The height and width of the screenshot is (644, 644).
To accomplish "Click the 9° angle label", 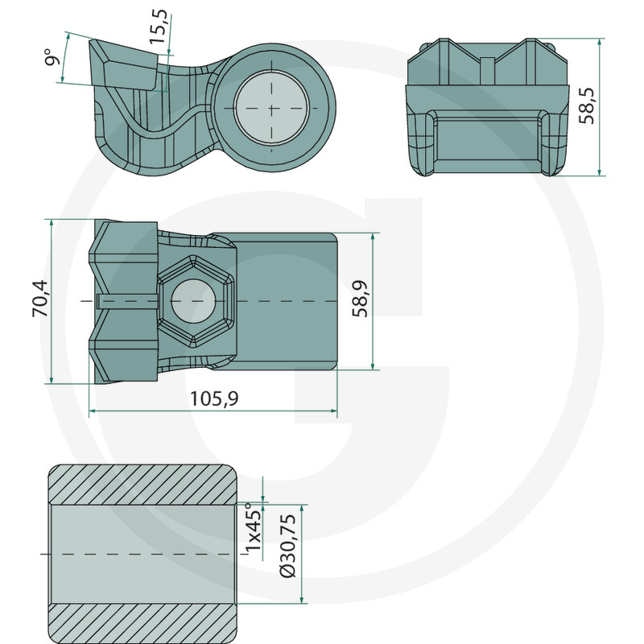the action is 52,56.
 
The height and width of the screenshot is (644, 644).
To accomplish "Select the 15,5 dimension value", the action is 159,27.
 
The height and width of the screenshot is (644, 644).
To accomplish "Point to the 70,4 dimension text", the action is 40,298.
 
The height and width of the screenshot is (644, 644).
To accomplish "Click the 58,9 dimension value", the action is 360,299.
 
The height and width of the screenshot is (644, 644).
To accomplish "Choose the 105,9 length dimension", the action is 214,398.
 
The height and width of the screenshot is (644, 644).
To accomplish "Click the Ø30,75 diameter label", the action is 287,546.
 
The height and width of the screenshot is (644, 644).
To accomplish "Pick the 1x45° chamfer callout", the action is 253,530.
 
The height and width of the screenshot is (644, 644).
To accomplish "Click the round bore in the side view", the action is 271,109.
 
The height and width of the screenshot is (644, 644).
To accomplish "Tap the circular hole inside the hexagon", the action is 192,301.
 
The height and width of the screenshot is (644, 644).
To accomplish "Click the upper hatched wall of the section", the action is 142,485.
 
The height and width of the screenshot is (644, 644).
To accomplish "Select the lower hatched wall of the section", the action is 142,623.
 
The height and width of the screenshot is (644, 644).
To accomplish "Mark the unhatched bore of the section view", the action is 142,554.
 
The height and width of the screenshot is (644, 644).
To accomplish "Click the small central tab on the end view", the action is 488,71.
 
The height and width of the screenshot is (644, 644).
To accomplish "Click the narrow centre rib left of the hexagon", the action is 128,300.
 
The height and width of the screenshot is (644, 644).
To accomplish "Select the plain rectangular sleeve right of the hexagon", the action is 287,301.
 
